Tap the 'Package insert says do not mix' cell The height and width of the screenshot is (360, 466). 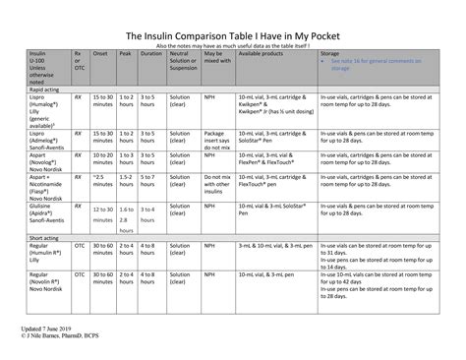(216, 133)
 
